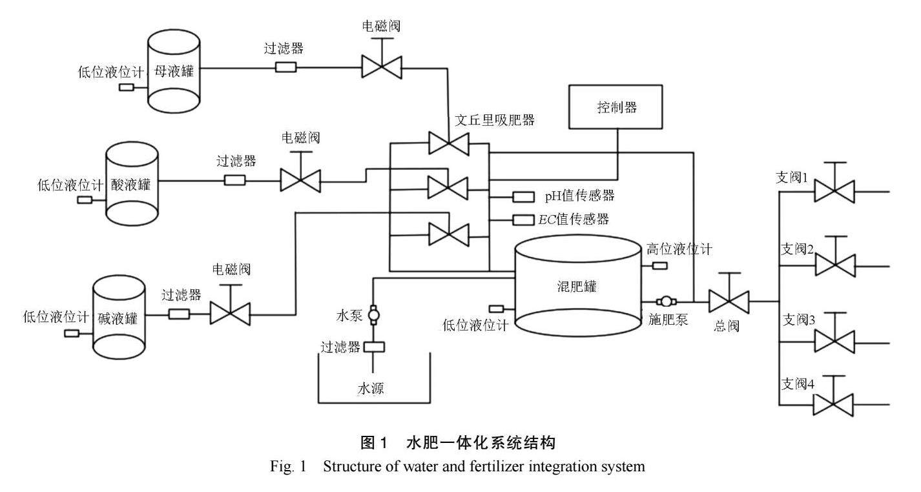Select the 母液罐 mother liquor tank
[x=172, y=70]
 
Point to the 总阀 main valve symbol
[x=729, y=301]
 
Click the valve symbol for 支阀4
[x=833, y=405]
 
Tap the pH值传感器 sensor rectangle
[x=523, y=196]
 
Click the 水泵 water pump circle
[x=373, y=315]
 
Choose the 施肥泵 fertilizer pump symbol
[x=665, y=301]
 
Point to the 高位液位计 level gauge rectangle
[x=660, y=265]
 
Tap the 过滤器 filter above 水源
[x=373, y=347]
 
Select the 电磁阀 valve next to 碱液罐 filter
[x=230, y=314]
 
